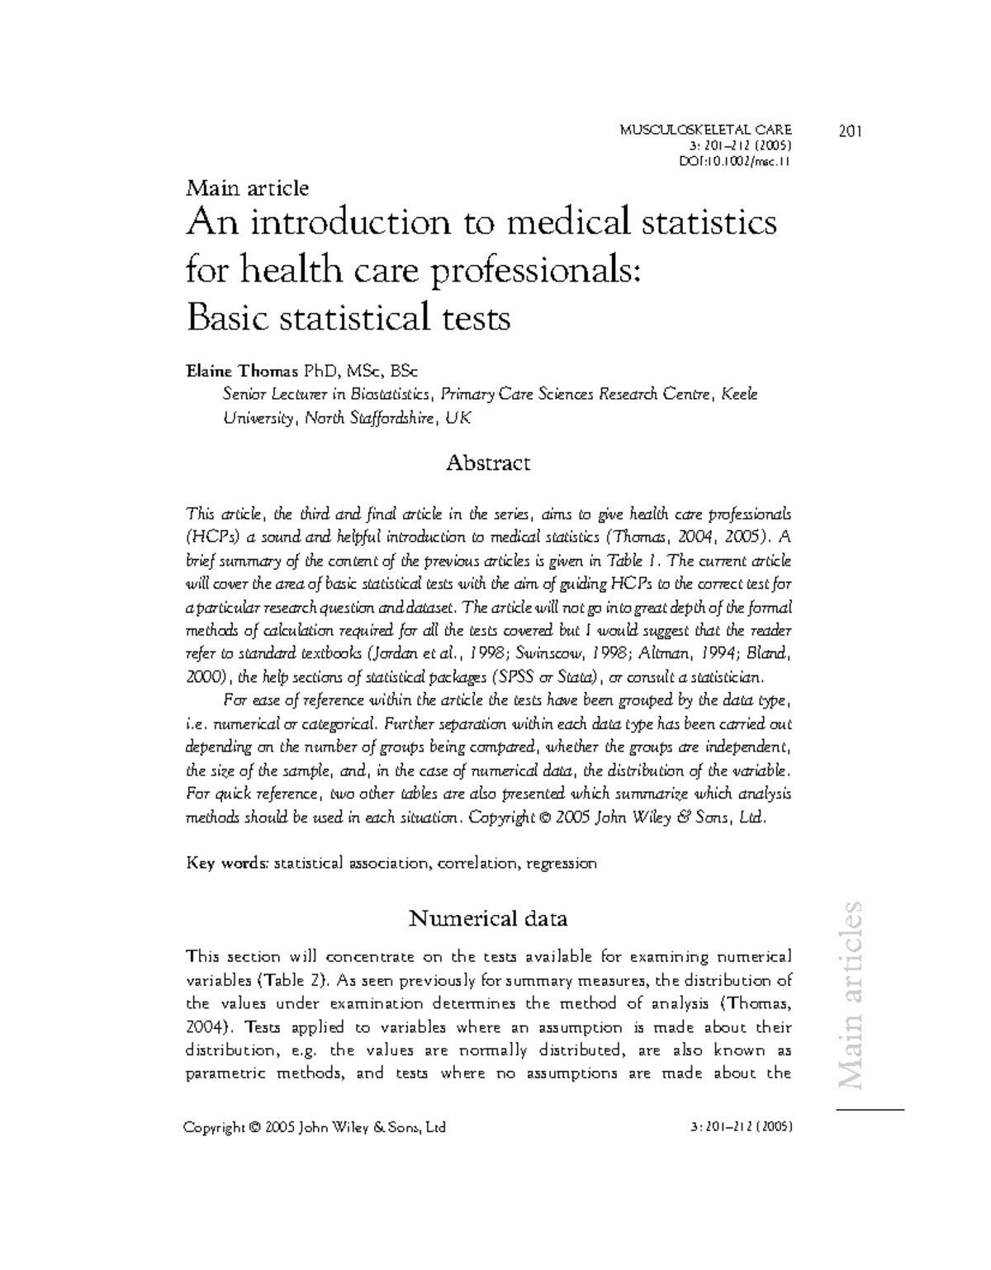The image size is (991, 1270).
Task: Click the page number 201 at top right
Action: tap(850, 130)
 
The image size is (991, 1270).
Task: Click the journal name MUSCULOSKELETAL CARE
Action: tap(704, 129)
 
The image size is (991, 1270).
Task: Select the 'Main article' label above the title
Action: tap(248, 188)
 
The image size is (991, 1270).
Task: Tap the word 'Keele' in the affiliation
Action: tap(739, 394)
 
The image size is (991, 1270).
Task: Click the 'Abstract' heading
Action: tap(487, 462)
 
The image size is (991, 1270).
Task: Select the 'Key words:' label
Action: tap(228, 864)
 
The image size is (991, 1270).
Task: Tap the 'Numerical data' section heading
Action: tap(488, 918)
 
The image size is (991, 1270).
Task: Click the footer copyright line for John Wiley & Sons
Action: tap(316, 1127)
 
